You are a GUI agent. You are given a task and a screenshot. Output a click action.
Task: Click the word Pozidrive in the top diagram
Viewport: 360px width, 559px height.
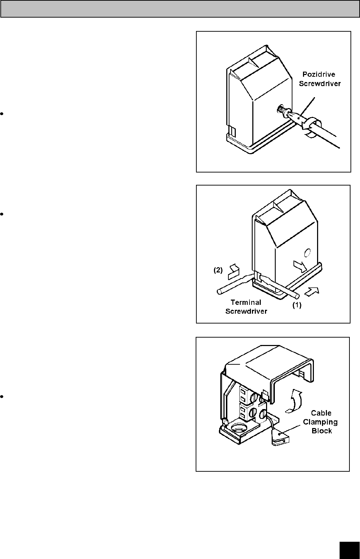tap(319, 75)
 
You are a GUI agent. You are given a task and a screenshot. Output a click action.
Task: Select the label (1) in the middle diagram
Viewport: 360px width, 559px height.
tap(297, 306)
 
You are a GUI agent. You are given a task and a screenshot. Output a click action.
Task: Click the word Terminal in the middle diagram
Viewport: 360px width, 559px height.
tap(246, 302)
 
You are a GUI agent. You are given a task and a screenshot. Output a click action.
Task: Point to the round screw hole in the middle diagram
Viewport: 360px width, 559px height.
tap(307, 252)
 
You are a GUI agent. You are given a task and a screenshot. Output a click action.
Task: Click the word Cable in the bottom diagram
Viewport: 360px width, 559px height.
tap(321, 413)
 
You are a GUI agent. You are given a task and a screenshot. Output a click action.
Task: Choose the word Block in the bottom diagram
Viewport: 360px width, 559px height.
tap(322, 431)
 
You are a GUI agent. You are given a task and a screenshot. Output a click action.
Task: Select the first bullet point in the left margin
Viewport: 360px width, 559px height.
tap(2, 114)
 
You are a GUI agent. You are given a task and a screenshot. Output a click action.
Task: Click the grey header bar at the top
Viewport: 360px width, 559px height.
tap(180, 9)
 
